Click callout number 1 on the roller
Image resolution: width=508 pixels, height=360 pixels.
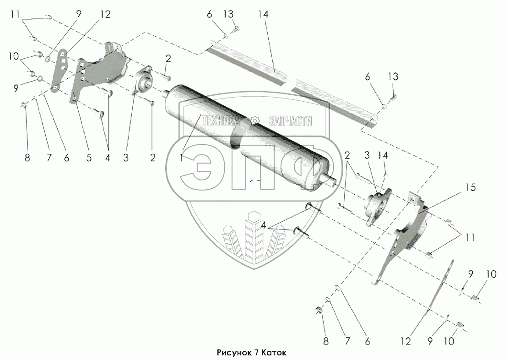point(183,158)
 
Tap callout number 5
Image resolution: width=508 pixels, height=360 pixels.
point(88,158)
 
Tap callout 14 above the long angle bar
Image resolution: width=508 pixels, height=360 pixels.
point(263,15)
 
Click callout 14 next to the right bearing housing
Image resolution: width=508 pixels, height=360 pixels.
point(383,157)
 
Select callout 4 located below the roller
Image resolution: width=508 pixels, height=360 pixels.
point(264,226)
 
